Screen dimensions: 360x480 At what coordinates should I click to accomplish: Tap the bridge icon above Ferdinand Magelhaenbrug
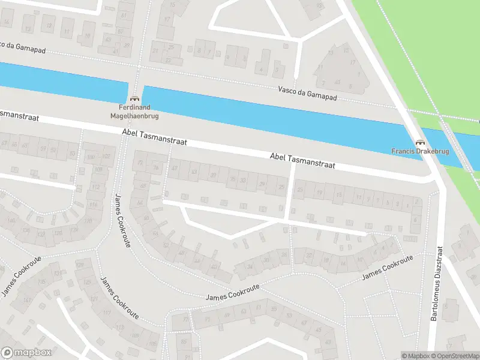pos(134,98)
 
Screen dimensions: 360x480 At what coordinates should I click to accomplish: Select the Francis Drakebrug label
pos(421,151)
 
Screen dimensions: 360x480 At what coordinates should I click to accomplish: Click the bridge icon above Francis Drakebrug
pos(421,142)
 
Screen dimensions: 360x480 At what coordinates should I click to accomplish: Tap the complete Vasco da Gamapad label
pos(308,92)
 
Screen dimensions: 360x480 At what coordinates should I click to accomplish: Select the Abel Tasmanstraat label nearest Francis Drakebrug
pos(302,160)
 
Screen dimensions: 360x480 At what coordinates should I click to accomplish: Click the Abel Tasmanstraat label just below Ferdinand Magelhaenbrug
pos(154,138)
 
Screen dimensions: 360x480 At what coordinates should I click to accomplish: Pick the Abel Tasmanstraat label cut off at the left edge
pos(18,115)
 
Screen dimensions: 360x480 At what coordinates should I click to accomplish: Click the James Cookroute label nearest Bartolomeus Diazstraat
pos(388,268)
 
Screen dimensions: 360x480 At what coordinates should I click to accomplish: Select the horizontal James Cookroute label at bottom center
pos(232,293)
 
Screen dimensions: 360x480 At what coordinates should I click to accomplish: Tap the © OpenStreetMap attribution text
pos(455,356)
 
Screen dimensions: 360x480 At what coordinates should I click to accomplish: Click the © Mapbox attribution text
pos(416,356)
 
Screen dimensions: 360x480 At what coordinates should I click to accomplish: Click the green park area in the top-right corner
pos(420,42)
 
